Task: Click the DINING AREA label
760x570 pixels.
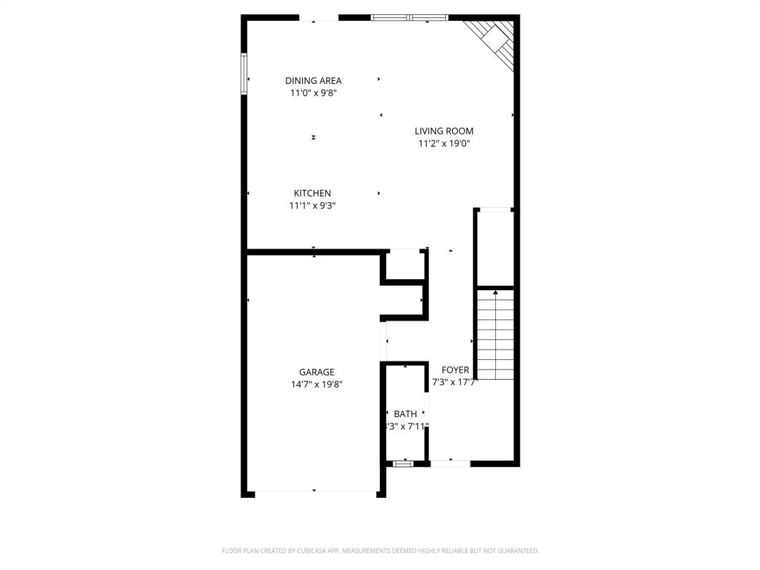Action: click(313, 80)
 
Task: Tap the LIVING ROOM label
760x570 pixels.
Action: click(444, 131)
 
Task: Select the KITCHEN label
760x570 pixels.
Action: click(312, 193)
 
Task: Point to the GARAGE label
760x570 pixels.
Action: click(317, 372)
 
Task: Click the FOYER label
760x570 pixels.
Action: click(455, 370)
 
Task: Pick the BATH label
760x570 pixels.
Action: click(405, 413)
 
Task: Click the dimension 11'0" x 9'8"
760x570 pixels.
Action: click(313, 93)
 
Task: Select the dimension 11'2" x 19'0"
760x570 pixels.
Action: click(444, 143)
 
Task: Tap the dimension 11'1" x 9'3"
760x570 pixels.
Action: click(312, 206)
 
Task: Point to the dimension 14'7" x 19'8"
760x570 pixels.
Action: click(317, 384)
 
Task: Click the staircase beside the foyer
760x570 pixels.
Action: click(495, 334)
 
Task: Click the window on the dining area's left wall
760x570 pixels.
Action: click(243, 73)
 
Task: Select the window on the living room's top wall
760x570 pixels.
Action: click(410, 17)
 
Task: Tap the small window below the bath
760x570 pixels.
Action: click(403, 464)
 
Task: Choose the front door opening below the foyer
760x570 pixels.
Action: click(450, 464)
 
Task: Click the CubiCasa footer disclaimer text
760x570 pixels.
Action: click(380, 551)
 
